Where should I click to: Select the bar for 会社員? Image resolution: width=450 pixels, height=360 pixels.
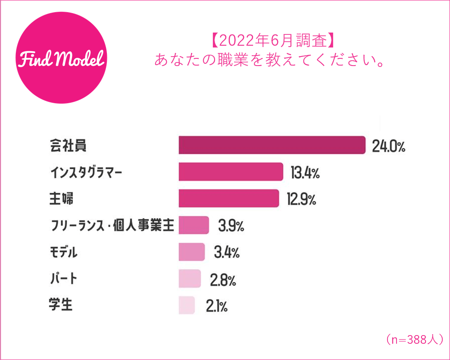[x=272, y=145]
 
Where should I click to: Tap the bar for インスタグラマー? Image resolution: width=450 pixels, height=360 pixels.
[x=231, y=172]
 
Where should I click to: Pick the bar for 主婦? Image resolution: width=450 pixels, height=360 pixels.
[x=229, y=199]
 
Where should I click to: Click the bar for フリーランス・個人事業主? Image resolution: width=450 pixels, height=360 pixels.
[x=194, y=225]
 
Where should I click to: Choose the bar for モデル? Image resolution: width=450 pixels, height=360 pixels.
[x=192, y=252]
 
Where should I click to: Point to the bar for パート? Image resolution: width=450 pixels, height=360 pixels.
[x=190, y=279]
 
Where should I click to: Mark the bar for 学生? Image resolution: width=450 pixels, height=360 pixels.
[x=187, y=305]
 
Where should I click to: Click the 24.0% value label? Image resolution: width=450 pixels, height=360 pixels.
[x=388, y=146]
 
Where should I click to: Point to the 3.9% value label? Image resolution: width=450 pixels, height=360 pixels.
[x=231, y=226]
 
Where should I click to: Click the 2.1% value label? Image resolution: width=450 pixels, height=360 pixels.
[x=216, y=307]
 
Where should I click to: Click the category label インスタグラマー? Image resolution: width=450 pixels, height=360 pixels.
[x=86, y=172]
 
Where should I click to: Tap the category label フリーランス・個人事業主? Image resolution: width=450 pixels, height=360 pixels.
[x=111, y=226]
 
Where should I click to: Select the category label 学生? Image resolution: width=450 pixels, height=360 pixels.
[x=61, y=305]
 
